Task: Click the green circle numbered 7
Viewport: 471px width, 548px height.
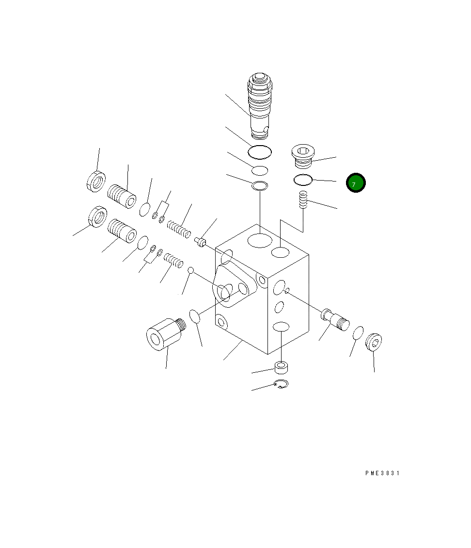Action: (356, 183)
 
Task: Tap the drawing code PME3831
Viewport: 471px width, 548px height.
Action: (382, 473)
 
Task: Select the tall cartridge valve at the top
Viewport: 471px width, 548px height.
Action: (260, 105)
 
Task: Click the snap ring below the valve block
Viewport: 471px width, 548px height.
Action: (281, 384)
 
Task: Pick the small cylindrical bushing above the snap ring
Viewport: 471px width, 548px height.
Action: (281, 367)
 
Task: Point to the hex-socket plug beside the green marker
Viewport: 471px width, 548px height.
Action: (303, 156)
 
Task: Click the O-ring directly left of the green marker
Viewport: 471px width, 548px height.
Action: (303, 180)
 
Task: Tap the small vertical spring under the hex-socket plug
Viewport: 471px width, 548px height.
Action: (303, 199)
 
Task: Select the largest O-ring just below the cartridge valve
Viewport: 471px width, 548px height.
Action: (260, 152)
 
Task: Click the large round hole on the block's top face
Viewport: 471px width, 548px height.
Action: (260, 240)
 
